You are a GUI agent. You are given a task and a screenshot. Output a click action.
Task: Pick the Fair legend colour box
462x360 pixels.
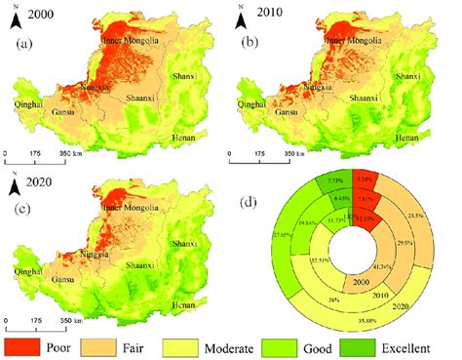[x=120, y=345]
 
